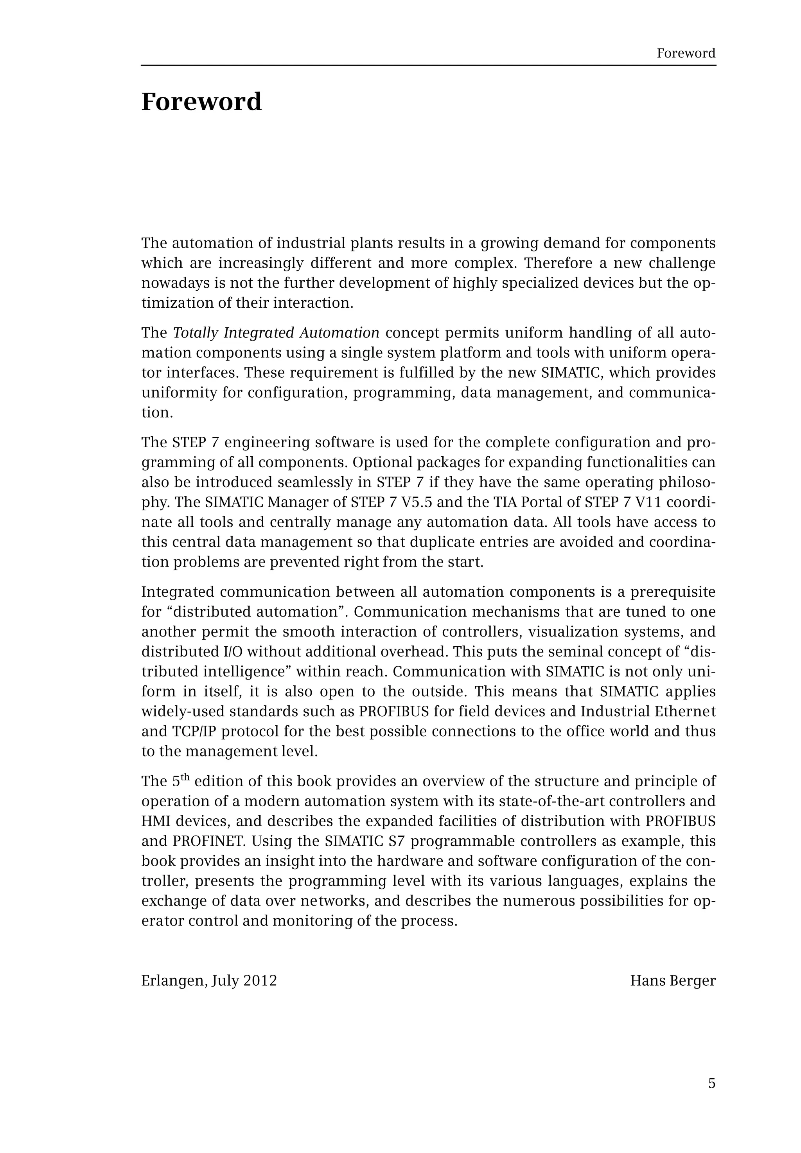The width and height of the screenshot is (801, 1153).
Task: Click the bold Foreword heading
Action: (201, 102)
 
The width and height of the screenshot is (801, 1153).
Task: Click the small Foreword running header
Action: (686, 53)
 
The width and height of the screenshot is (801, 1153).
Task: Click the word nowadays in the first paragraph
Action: (175, 283)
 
